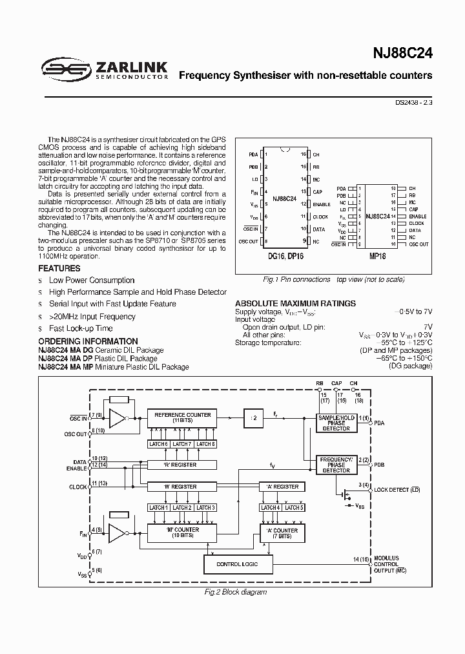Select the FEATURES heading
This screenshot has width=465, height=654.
tap(59, 268)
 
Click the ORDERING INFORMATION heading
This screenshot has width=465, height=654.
tap(88, 341)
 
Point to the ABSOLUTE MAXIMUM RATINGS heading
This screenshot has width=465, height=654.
tap(295, 303)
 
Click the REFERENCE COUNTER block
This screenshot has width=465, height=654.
tap(181, 418)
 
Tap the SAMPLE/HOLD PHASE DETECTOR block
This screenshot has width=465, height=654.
tap(336, 423)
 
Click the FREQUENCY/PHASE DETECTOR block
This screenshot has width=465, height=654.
tap(336, 465)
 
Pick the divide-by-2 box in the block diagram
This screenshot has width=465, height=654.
tap(254, 418)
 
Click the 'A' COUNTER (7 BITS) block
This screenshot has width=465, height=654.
tap(282, 533)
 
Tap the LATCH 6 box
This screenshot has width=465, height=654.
tap(158, 444)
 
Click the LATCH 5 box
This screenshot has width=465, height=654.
tap(293, 508)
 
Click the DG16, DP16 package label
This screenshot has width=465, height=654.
tap(285, 256)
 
